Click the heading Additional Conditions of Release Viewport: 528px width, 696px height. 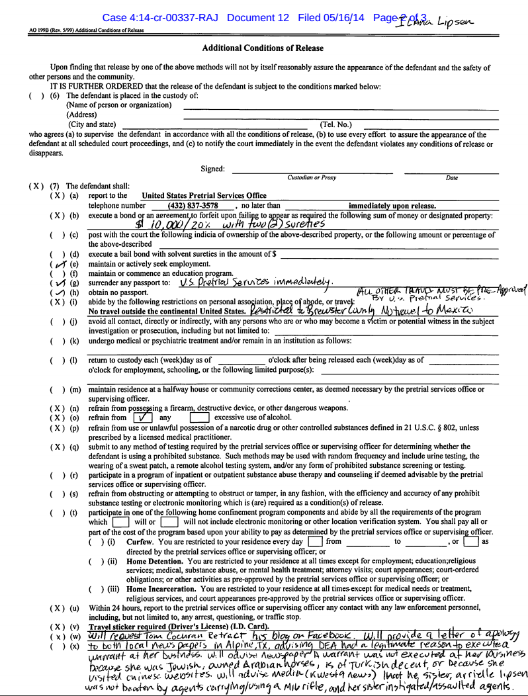click(x=263, y=48)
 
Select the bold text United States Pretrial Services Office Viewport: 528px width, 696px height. click(x=204, y=195)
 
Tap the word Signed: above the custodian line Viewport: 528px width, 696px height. click(x=212, y=169)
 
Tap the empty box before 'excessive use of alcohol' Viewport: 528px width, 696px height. click(x=199, y=418)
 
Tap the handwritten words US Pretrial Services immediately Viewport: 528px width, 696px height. click(x=255, y=283)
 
